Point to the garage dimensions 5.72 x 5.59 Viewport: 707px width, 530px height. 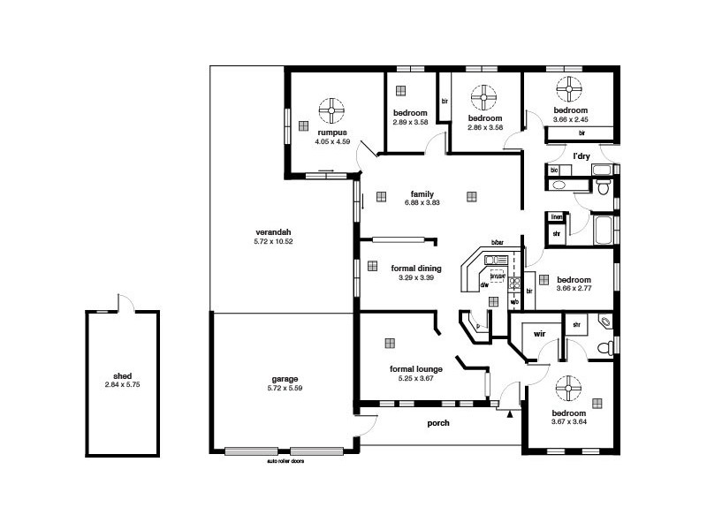285,389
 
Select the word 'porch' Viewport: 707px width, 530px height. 438,423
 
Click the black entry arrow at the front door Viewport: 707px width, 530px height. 510,412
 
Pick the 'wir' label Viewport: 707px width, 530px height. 538,335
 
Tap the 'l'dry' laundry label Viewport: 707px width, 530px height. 581,155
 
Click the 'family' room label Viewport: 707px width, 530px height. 421,193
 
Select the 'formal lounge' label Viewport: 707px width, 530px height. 416,369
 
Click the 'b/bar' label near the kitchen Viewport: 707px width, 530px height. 498,243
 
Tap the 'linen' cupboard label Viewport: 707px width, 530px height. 556,217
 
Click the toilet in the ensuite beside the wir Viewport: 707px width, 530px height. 605,322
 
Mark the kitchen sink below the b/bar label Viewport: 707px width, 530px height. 493,260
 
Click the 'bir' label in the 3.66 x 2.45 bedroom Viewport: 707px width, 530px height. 582,133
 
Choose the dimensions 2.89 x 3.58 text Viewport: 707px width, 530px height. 410,122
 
